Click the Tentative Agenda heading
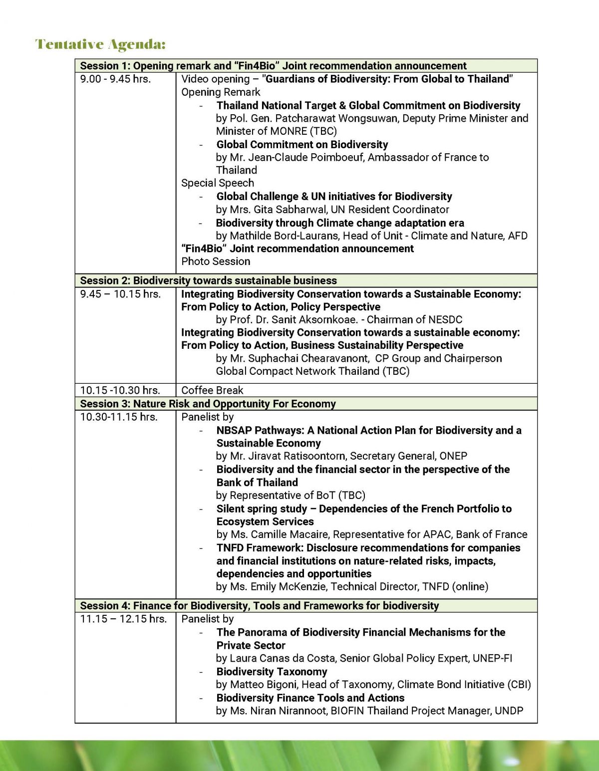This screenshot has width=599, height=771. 100,44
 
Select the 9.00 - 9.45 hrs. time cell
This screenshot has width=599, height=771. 115,79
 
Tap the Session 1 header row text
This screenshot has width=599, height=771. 273,66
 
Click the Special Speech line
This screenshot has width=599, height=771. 218,183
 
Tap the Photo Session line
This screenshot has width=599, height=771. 216,261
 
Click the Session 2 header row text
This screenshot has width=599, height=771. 208,280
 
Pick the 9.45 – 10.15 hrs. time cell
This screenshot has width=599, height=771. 120,294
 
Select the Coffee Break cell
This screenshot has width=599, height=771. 212,390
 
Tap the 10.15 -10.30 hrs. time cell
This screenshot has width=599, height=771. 120,390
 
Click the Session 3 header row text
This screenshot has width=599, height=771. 208,404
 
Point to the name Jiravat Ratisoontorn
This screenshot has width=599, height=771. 296,456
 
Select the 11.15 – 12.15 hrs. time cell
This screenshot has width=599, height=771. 123,619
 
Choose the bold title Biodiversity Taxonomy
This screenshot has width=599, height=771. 272,672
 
